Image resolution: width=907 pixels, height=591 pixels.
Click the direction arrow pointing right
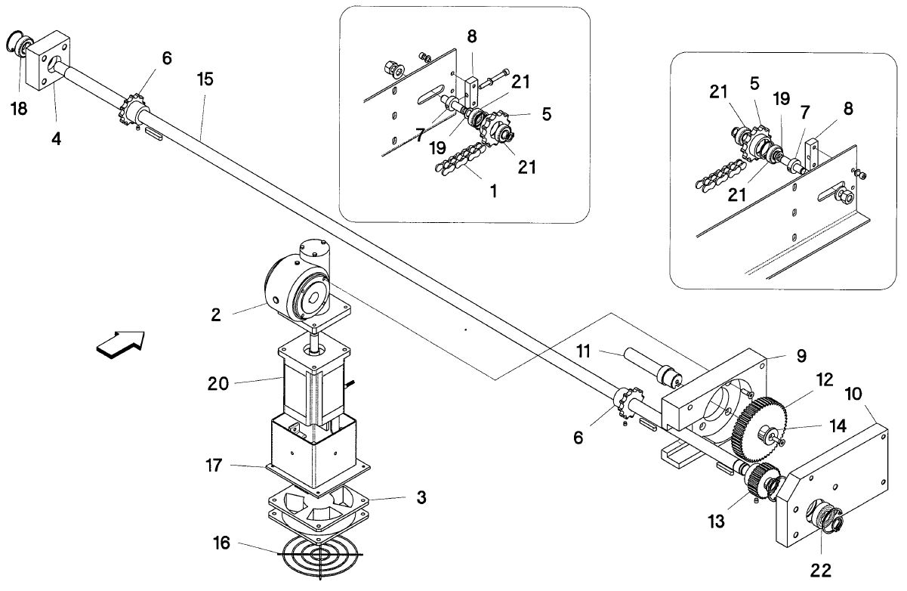[x=120, y=345]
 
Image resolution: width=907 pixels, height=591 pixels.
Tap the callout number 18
[x=19, y=109]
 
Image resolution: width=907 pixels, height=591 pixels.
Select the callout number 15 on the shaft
[x=205, y=79]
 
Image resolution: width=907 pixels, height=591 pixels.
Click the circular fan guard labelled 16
[x=320, y=555]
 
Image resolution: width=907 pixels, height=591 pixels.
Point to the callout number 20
[x=218, y=384]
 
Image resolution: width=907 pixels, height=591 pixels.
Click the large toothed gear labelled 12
[x=760, y=430]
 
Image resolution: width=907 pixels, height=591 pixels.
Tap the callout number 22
[x=820, y=571]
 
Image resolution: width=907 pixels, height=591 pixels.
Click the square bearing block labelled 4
[x=48, y=60]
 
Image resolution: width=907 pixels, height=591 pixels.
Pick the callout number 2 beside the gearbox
[x=216, y=314]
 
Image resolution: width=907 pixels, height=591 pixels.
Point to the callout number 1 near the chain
[x=493, y=191]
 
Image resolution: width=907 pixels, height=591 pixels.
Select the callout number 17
[x=214, y=466]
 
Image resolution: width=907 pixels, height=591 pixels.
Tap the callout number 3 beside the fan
[x=421, y=497]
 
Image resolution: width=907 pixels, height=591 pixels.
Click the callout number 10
[x=854, y=394]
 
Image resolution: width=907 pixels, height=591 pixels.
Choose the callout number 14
[x=838, y=426]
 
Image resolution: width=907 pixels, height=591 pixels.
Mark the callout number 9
[x=801, y=356]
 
